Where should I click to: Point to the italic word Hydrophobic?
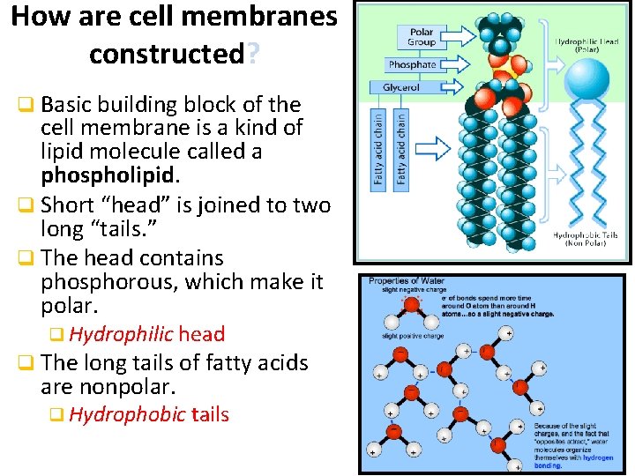click(x=127, y=414)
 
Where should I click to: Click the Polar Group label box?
click(x=422, y=38)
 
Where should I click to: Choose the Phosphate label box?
click(x=412, y=64)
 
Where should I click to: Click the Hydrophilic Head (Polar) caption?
click(x=586, y=45)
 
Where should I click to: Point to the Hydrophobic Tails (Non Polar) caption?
click(x=584, y=239)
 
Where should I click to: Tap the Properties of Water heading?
click(x=407, y=281)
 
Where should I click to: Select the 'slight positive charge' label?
click(x=413, y=336)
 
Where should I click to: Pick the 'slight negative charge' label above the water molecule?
click(x=413, y=289)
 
